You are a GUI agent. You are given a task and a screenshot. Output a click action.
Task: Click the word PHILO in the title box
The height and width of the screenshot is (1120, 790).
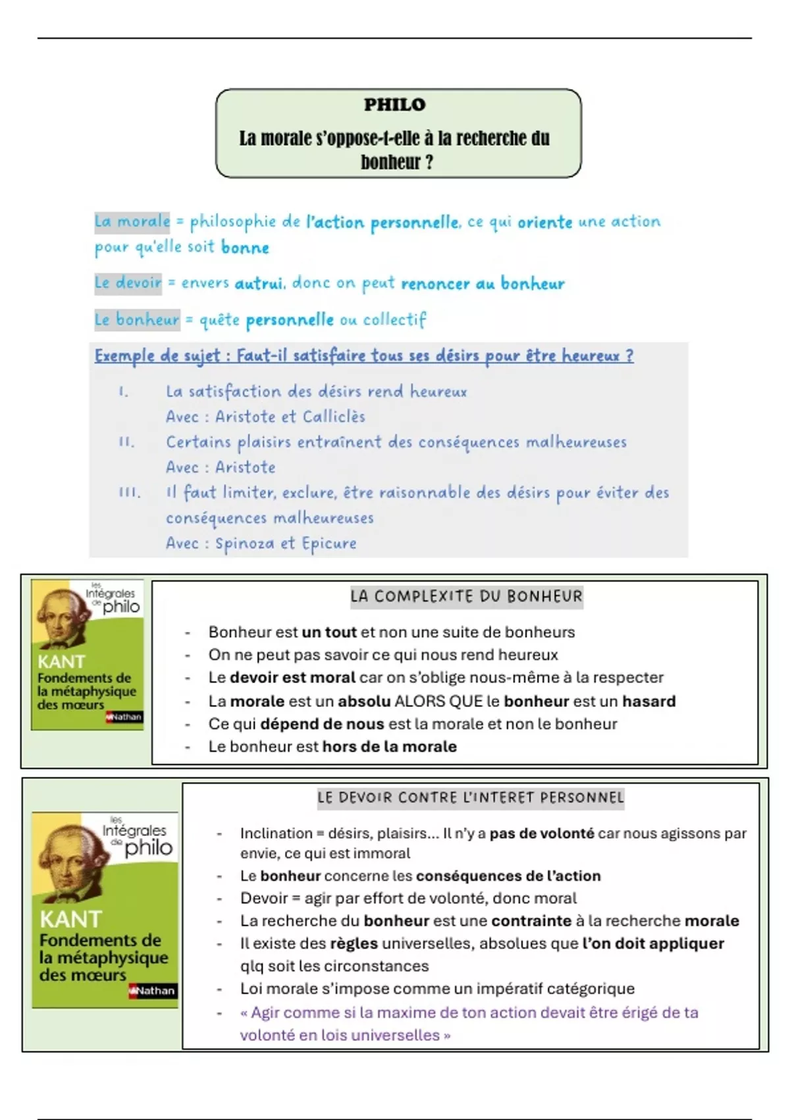[394, 105]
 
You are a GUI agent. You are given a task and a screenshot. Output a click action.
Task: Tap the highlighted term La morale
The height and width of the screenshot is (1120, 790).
[132, 221]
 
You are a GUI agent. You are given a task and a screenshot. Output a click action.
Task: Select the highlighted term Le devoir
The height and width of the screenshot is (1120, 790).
[128, 283]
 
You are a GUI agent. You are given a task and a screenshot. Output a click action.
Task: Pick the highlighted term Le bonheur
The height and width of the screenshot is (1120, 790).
[137, 320]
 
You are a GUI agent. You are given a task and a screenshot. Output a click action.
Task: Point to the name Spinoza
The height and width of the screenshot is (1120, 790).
[245, 544]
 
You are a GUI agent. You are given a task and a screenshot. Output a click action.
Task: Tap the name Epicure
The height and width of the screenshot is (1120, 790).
[329, 544]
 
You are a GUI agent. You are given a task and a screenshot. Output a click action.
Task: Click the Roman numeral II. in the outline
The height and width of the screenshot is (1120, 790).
[126, 442]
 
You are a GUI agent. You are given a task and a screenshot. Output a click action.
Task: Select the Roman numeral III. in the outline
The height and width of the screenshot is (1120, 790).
[129, 493]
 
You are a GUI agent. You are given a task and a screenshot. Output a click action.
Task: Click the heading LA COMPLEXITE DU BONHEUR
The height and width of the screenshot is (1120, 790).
[466, 597]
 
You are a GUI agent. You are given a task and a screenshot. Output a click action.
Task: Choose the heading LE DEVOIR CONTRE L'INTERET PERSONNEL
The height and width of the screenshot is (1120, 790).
[470, 798]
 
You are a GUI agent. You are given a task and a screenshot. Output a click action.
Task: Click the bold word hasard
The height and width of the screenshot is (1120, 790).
[649, 701]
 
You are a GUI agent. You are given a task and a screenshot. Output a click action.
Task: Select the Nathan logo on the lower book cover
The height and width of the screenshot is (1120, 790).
[153, 990]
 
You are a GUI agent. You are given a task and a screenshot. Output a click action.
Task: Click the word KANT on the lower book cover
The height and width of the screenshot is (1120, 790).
[70, 919]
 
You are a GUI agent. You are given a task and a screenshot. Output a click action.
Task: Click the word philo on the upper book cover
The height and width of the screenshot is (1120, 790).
[121, 606]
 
